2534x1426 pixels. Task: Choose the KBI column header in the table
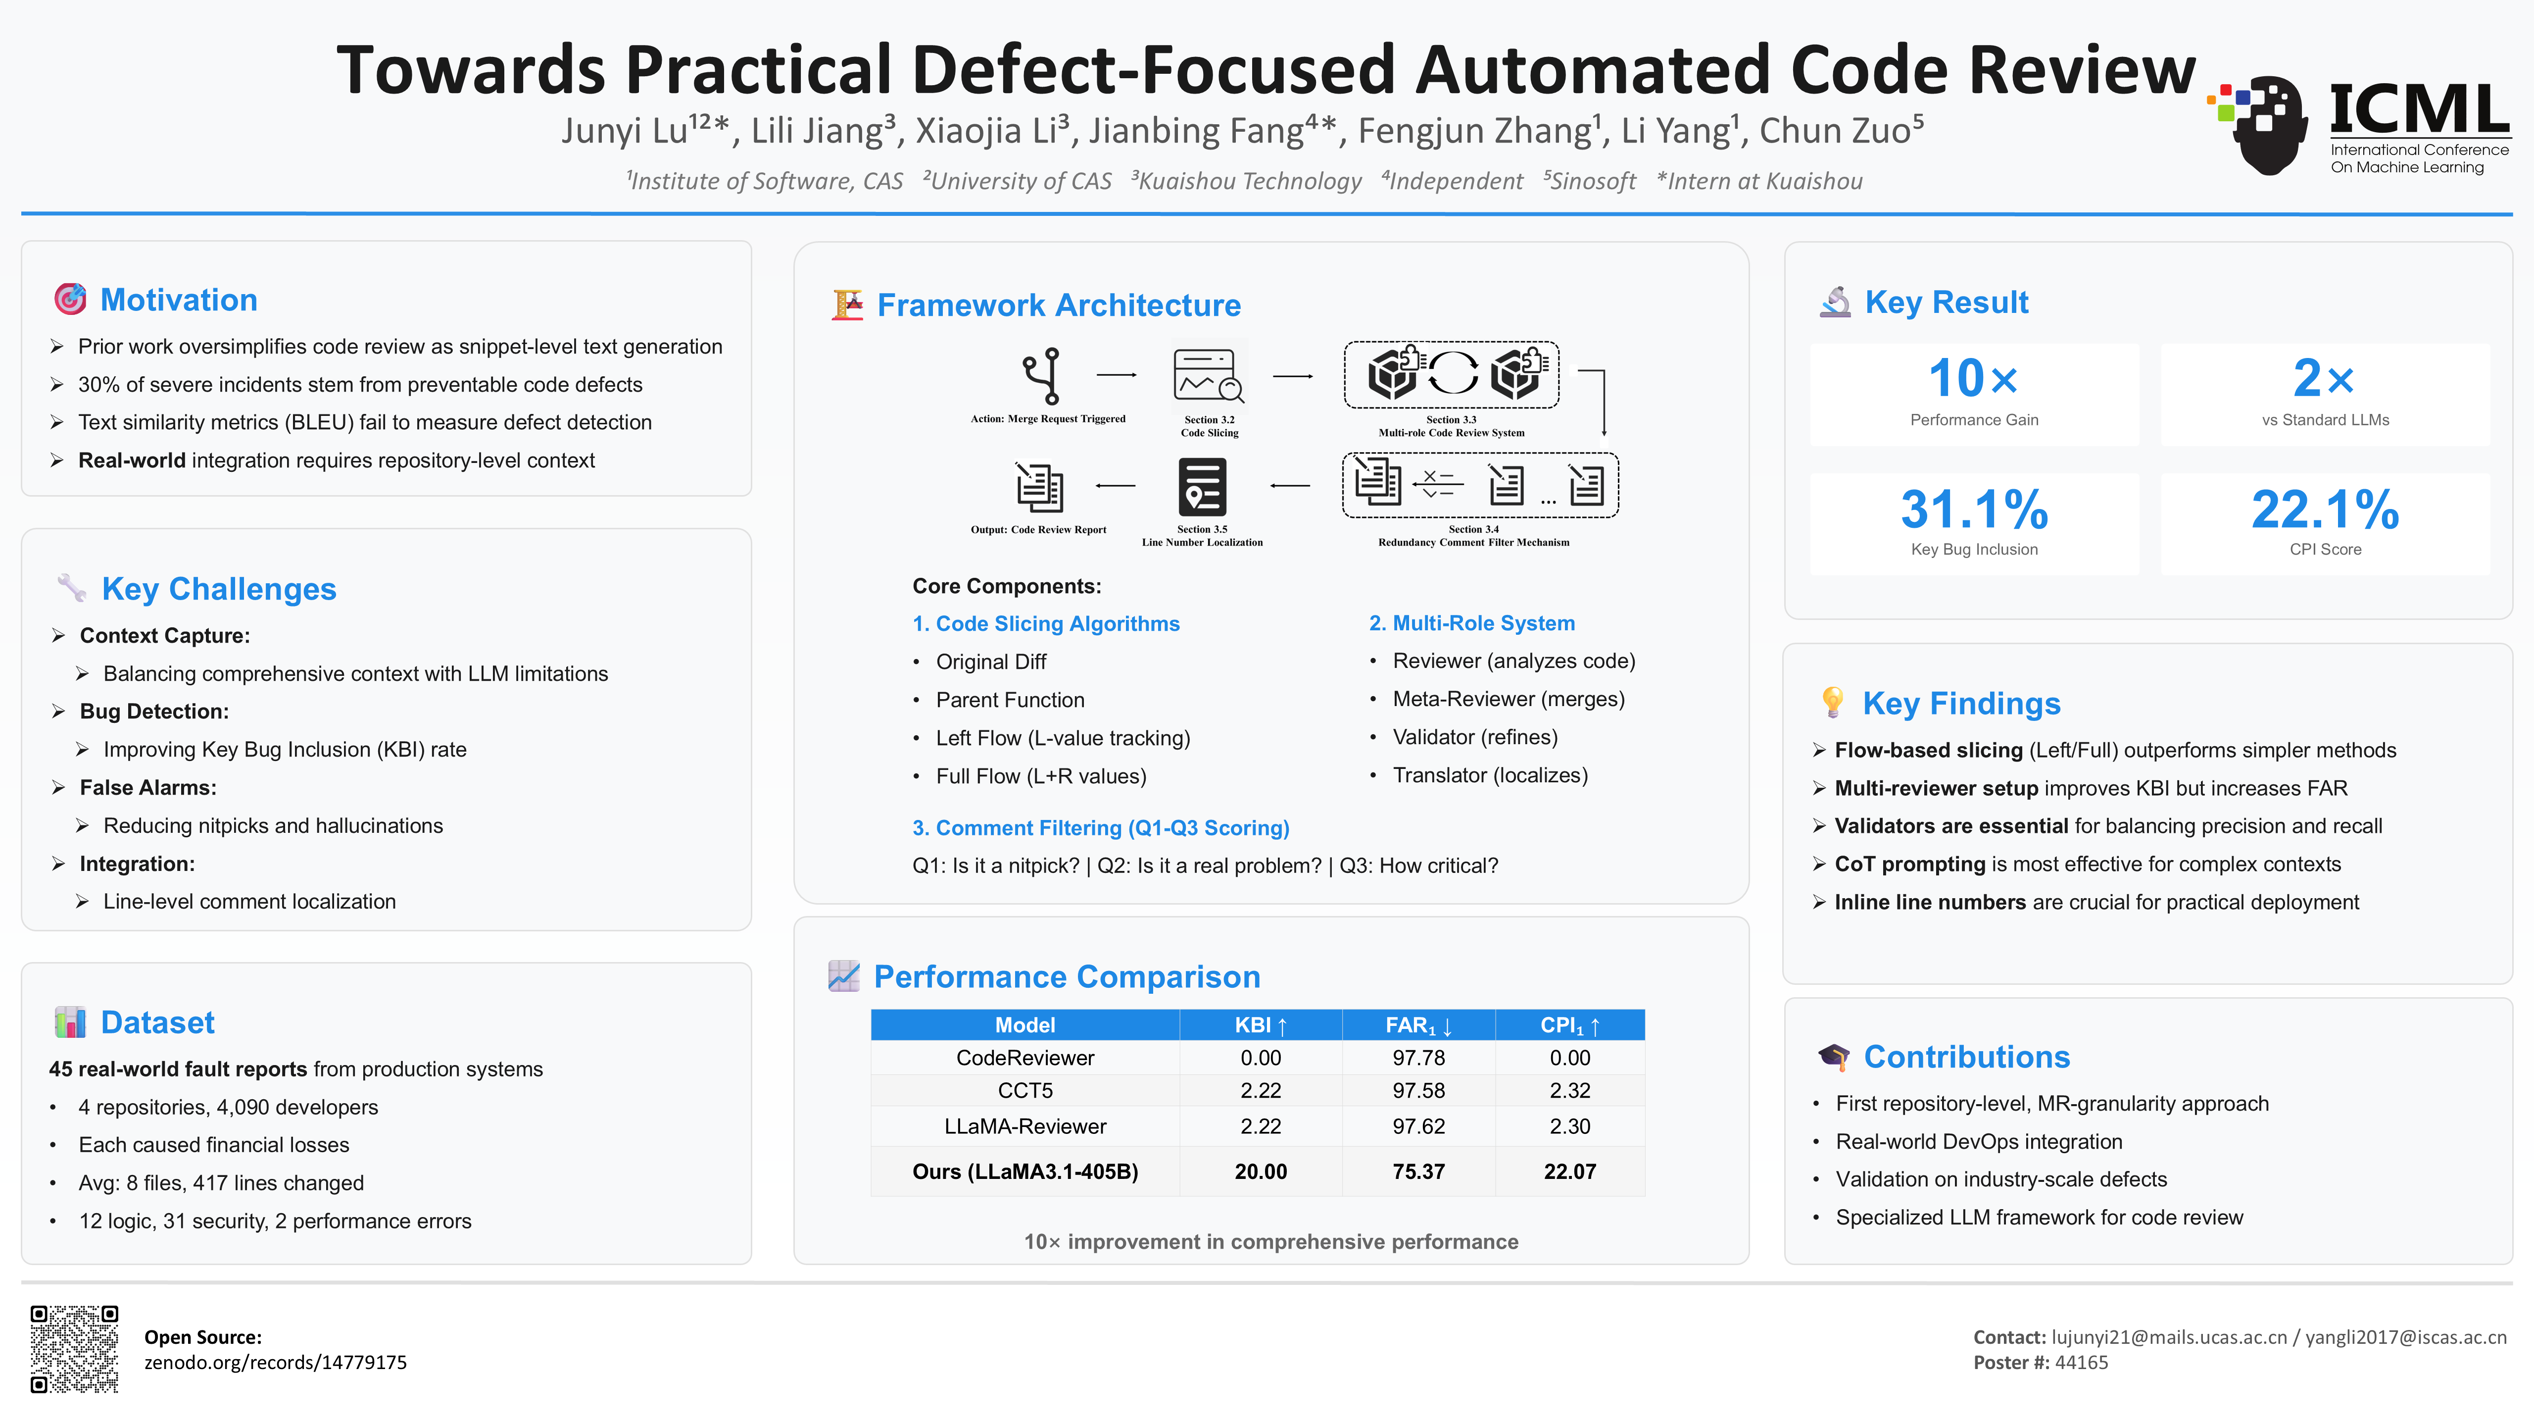[x=1260, y=1024]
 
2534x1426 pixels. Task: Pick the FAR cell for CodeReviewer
[x=1418, y=1058]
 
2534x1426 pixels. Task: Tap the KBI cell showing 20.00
[x=1260, y=1171]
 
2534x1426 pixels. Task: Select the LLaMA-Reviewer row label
[x=1025, y=1126]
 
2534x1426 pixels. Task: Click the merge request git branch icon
[x=1045, y=376]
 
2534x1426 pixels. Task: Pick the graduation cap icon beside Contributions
[x=1833, y=1057]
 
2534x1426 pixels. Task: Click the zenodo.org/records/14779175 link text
[x=276, y=1362]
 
